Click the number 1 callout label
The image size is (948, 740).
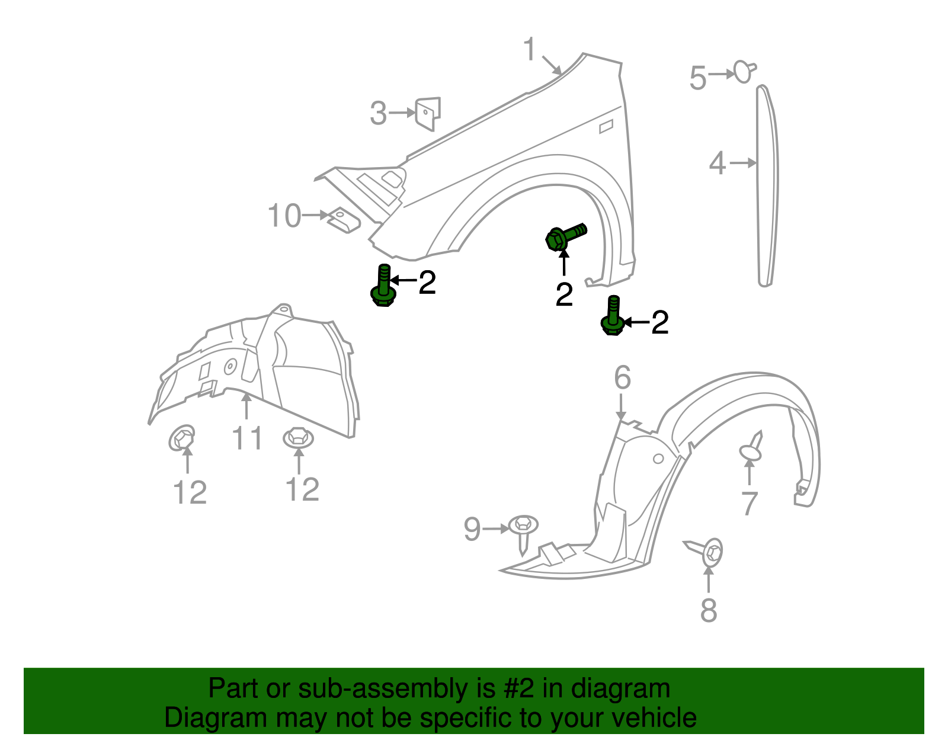(530, 50)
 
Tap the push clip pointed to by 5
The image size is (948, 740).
(744, 72)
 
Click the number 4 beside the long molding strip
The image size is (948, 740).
(718, 163)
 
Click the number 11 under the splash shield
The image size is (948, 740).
(247, 439)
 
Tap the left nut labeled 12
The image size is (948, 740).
(182, 438)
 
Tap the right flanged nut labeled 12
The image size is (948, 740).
(298, 438)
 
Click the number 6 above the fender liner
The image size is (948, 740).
(622, 377)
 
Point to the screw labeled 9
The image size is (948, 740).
(523, 530)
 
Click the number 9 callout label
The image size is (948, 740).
(472, 529)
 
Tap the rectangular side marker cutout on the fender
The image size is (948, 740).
(606, 126)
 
